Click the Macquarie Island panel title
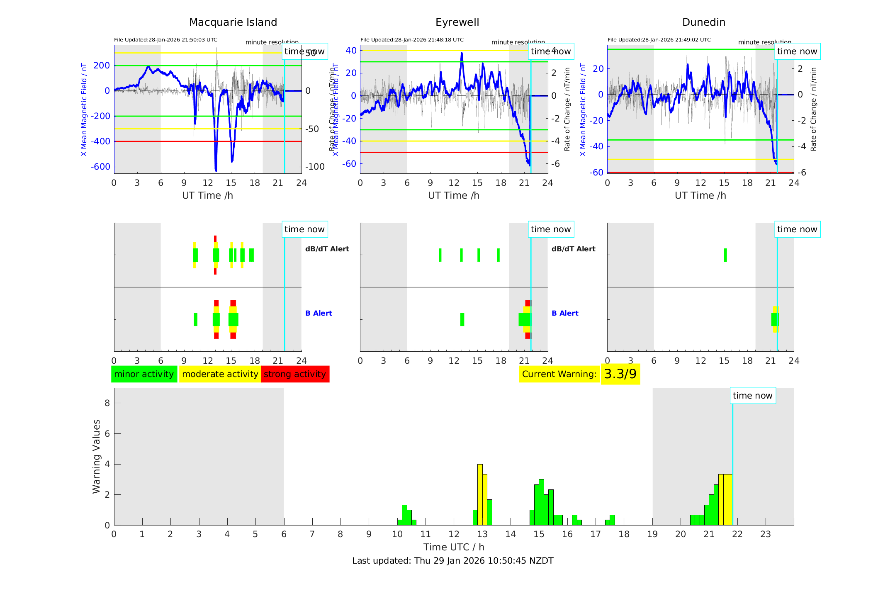point(233,22)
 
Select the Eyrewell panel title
point(457,22)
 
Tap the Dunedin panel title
point(703,22)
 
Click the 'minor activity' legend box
point(144,374)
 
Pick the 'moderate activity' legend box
point(220,374)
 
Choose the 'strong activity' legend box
point(295,374)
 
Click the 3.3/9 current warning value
point(620,374)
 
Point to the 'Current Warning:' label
point(559,374)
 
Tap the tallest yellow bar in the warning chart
point(480,494)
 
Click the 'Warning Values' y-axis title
point(96,456)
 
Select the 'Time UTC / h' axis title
point(453,547)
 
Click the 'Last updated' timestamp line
point(452,561)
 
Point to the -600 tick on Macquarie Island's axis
point(100,167)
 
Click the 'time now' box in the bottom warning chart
point(752,396)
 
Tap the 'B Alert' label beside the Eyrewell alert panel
point(564,313)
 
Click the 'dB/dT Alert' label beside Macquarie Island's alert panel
point(327,249)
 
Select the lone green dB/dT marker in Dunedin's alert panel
point(725,255)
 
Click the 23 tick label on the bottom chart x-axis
point(765,534)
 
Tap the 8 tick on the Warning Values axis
point(107,403)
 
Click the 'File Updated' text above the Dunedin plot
point(659,40)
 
